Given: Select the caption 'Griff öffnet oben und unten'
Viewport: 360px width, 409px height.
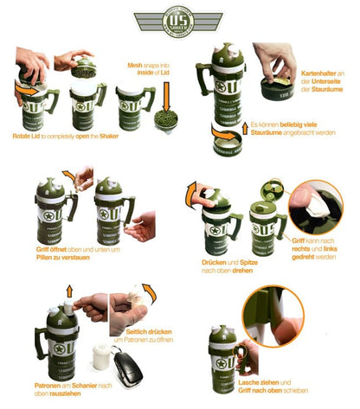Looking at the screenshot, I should pos(67,252).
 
